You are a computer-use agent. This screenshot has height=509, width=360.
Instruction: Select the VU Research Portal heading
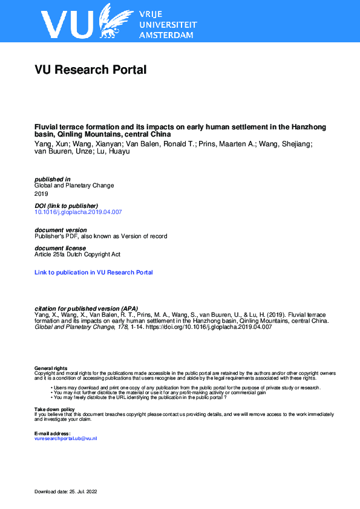(91, 70)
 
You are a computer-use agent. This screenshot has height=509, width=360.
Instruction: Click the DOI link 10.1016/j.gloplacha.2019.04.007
(79, 212)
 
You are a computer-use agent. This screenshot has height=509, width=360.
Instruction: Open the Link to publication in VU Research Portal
(94, 273)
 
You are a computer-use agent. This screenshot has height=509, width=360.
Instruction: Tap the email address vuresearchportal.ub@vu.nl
(65, 438)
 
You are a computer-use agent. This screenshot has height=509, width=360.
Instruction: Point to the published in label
(53, 179)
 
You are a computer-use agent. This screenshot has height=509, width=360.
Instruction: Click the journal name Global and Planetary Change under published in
(74, 186)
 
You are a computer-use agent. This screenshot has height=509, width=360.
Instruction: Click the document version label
(61, 230)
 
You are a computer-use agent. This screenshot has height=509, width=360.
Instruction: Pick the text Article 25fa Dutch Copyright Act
(77, 254)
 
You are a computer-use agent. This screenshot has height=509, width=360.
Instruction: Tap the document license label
(60, 248)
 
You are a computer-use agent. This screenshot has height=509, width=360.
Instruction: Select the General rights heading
(51, 368)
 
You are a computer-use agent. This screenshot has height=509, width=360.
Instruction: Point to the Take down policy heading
(54, 409)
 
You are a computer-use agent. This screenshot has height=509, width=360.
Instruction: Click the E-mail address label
(53, 433)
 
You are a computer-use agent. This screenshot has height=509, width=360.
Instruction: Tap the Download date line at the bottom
(66, 491)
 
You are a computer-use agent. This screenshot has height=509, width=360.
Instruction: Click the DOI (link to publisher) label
(66, 206)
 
